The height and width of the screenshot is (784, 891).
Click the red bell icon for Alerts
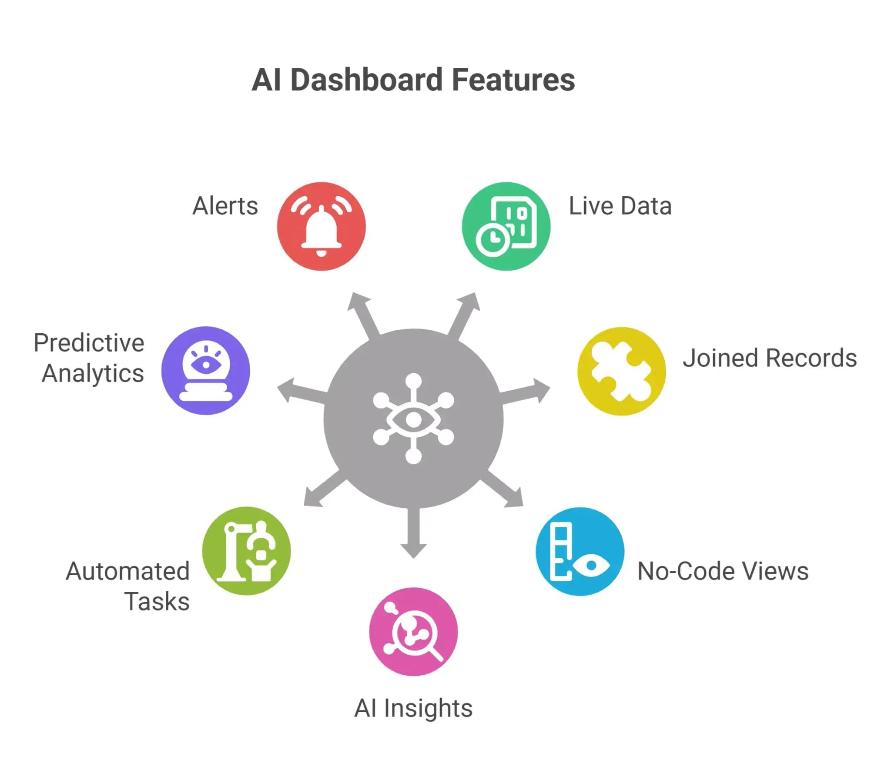(x=321, y=226)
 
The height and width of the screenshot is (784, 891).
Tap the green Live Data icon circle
(x=506, y=226)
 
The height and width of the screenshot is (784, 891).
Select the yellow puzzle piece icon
(x=621, y=371)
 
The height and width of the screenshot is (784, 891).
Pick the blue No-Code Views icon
(x=580, y=551)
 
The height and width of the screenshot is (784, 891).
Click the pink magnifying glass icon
(x=413, y=632)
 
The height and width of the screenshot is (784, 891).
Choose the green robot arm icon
(x=246, y=551)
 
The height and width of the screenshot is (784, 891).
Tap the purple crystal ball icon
(x=205, y=371)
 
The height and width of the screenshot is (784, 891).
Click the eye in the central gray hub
(x=413, y=419)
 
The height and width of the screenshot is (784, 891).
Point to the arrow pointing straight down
(x=413, y=534)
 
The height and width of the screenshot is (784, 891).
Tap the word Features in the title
(x=513, y=80)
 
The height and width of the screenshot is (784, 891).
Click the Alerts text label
(x=225, y=206)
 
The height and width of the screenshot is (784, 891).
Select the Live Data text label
(x=620, y=206)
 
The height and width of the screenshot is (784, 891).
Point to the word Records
(x=811, y=358)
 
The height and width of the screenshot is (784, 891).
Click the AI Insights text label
(x=413, y=708)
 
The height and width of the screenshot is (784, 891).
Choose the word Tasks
(x=157, y=601)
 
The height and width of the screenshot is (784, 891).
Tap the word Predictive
(x=89, y=343)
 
